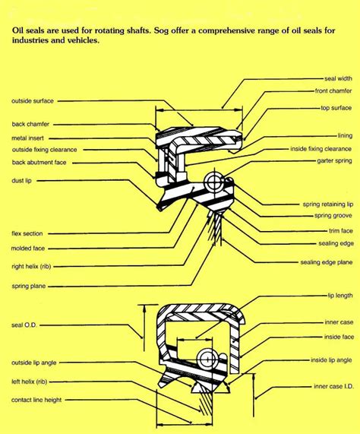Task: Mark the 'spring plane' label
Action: (30, 286)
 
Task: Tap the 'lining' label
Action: (344, 135)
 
